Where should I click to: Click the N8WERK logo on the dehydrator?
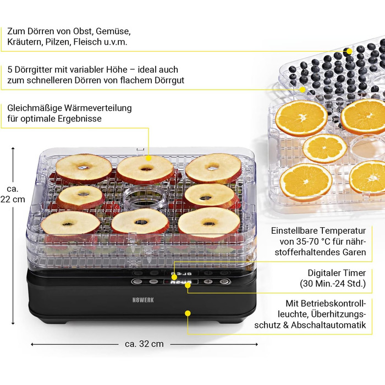143,300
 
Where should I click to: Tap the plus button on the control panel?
208,282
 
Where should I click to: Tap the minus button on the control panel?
153,282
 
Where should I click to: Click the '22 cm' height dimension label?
13,199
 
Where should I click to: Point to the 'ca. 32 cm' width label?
144,344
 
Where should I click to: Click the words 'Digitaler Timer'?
337,273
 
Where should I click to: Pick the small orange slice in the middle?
324,148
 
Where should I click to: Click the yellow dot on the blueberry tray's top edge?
348,52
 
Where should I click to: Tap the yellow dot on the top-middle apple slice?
148,158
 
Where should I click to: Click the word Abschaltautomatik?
328,325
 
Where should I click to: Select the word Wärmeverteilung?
98,108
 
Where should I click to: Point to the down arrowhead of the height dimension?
13,323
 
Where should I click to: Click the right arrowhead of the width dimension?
256,344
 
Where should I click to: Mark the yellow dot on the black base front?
188,313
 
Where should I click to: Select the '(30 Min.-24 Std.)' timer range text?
333,284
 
